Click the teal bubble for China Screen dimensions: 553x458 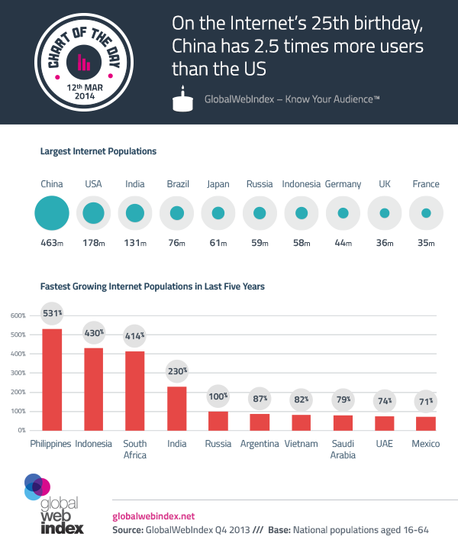(x=52, y=213)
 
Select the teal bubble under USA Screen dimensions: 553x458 (x=93, y=213)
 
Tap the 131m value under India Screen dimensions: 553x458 (x=135, y=244)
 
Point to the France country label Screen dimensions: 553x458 (x=426, y=184)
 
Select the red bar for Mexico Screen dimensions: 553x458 (x=426, y=423)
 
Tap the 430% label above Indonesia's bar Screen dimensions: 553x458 (x=93, y=334)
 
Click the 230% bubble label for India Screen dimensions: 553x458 (x=176, y=371)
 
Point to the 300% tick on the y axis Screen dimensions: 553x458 (x=17, y=373)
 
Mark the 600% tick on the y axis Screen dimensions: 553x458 (x=17, y=315)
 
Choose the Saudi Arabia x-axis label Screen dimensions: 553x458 (x=343, y=449)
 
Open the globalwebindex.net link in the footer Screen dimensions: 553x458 (x=153, y=516)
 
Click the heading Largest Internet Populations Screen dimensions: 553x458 (x=98, y=151)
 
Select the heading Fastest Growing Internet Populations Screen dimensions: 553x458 (x=152, y=287)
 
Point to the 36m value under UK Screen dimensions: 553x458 (x=385, y=244)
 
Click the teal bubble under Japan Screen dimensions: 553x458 (x=218, y=213)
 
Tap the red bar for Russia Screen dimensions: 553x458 (x=218, y=421)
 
